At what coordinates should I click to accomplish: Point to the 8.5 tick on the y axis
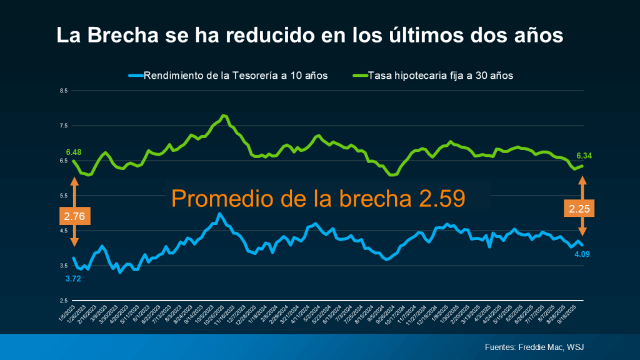pos(64,91)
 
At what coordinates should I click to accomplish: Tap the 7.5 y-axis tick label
pos(64,126)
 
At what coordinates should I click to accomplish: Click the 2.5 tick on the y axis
pos(64,301)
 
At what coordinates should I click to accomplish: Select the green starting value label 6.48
pos(74,152)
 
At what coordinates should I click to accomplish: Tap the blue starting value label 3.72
pos(74,278)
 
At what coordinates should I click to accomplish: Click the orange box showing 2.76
pos(75,216)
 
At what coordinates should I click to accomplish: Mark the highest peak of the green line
pos(224,116)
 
